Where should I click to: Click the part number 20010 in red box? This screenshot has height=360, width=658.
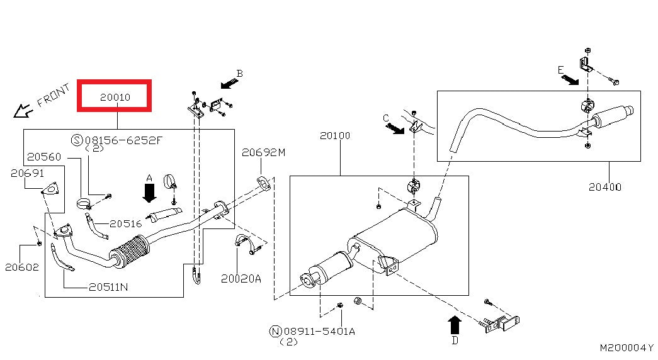click(x=114, y=97)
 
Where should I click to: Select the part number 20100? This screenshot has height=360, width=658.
click(x=334, y=135)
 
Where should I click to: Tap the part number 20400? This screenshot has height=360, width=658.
click(x=605, y=187)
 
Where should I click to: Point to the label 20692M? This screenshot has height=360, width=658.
click(x=264, y=152)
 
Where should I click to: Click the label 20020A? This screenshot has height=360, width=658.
click(x=241, y=278)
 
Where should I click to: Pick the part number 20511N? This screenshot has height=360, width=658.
click(x=108, y=286)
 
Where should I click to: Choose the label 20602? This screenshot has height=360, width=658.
click(x=22, y=267)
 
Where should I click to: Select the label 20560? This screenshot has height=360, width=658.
click(x=44, y=156)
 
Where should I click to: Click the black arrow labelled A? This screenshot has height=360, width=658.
click(x=149, y=192)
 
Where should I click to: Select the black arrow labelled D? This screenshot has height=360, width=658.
click(x=454, y=325)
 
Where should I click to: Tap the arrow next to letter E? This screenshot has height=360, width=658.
click(x=570, y=80)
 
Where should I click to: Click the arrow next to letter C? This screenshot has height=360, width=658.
click(x=395, y=128)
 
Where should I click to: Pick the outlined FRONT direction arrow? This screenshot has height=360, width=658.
click(x=23, y=111)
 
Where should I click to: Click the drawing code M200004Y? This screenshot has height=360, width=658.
click(x=626, y=347)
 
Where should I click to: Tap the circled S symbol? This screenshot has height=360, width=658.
click(x=77, y=140)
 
